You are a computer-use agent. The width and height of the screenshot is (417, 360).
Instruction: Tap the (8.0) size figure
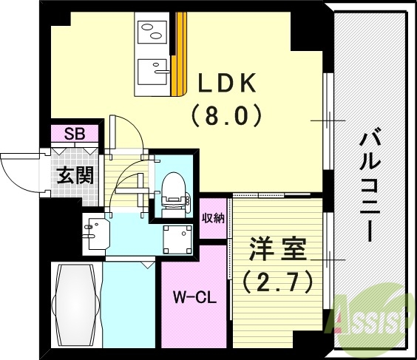[227, 115]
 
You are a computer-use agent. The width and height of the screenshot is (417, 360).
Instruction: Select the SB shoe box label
[74, 134]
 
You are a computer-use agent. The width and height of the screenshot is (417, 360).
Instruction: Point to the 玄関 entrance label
[75, 176]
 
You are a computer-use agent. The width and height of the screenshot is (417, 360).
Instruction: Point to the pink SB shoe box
[74, 135]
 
